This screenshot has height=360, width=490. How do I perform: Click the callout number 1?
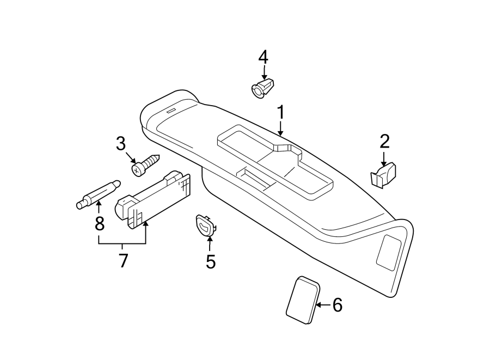coord(280,113)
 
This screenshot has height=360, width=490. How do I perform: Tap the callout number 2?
coord(384,142)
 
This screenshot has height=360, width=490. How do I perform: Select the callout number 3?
coord(120,144)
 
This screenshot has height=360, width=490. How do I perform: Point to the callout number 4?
coord(263,56)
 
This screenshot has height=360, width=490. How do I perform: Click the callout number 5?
coord(211,262)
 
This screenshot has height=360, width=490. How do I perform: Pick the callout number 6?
coord(337,306)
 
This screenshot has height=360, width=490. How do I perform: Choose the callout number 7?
coord(123,261)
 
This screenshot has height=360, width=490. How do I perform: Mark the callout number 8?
coord(99,222)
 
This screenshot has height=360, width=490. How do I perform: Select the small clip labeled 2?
coord(383,176)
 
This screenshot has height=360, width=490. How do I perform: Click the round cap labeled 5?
coord(205,224)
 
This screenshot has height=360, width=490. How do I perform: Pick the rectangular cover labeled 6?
coord(302,300)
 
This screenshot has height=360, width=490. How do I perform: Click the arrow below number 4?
coord(264,72)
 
